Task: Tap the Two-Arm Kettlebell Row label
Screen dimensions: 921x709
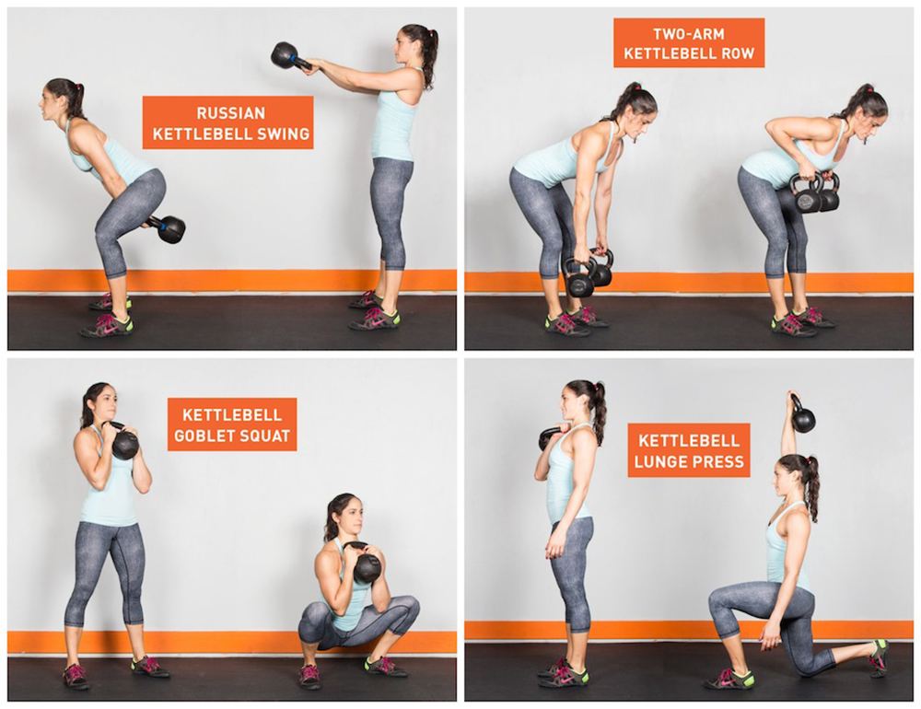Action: pos(689,43)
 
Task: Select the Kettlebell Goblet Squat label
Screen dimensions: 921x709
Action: pos(232,424)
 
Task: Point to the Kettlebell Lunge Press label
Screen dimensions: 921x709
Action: pos(689,450)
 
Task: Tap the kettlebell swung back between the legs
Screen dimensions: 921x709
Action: pos(169,228)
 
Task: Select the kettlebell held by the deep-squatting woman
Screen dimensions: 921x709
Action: pos(367,564)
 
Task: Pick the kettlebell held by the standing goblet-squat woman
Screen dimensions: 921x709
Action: pos(124,441)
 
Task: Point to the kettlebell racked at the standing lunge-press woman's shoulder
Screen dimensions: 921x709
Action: pos(550,437)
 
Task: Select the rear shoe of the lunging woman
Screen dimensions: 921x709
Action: pos(878,657)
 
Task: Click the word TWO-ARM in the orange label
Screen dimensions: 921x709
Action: pos(688,33)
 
